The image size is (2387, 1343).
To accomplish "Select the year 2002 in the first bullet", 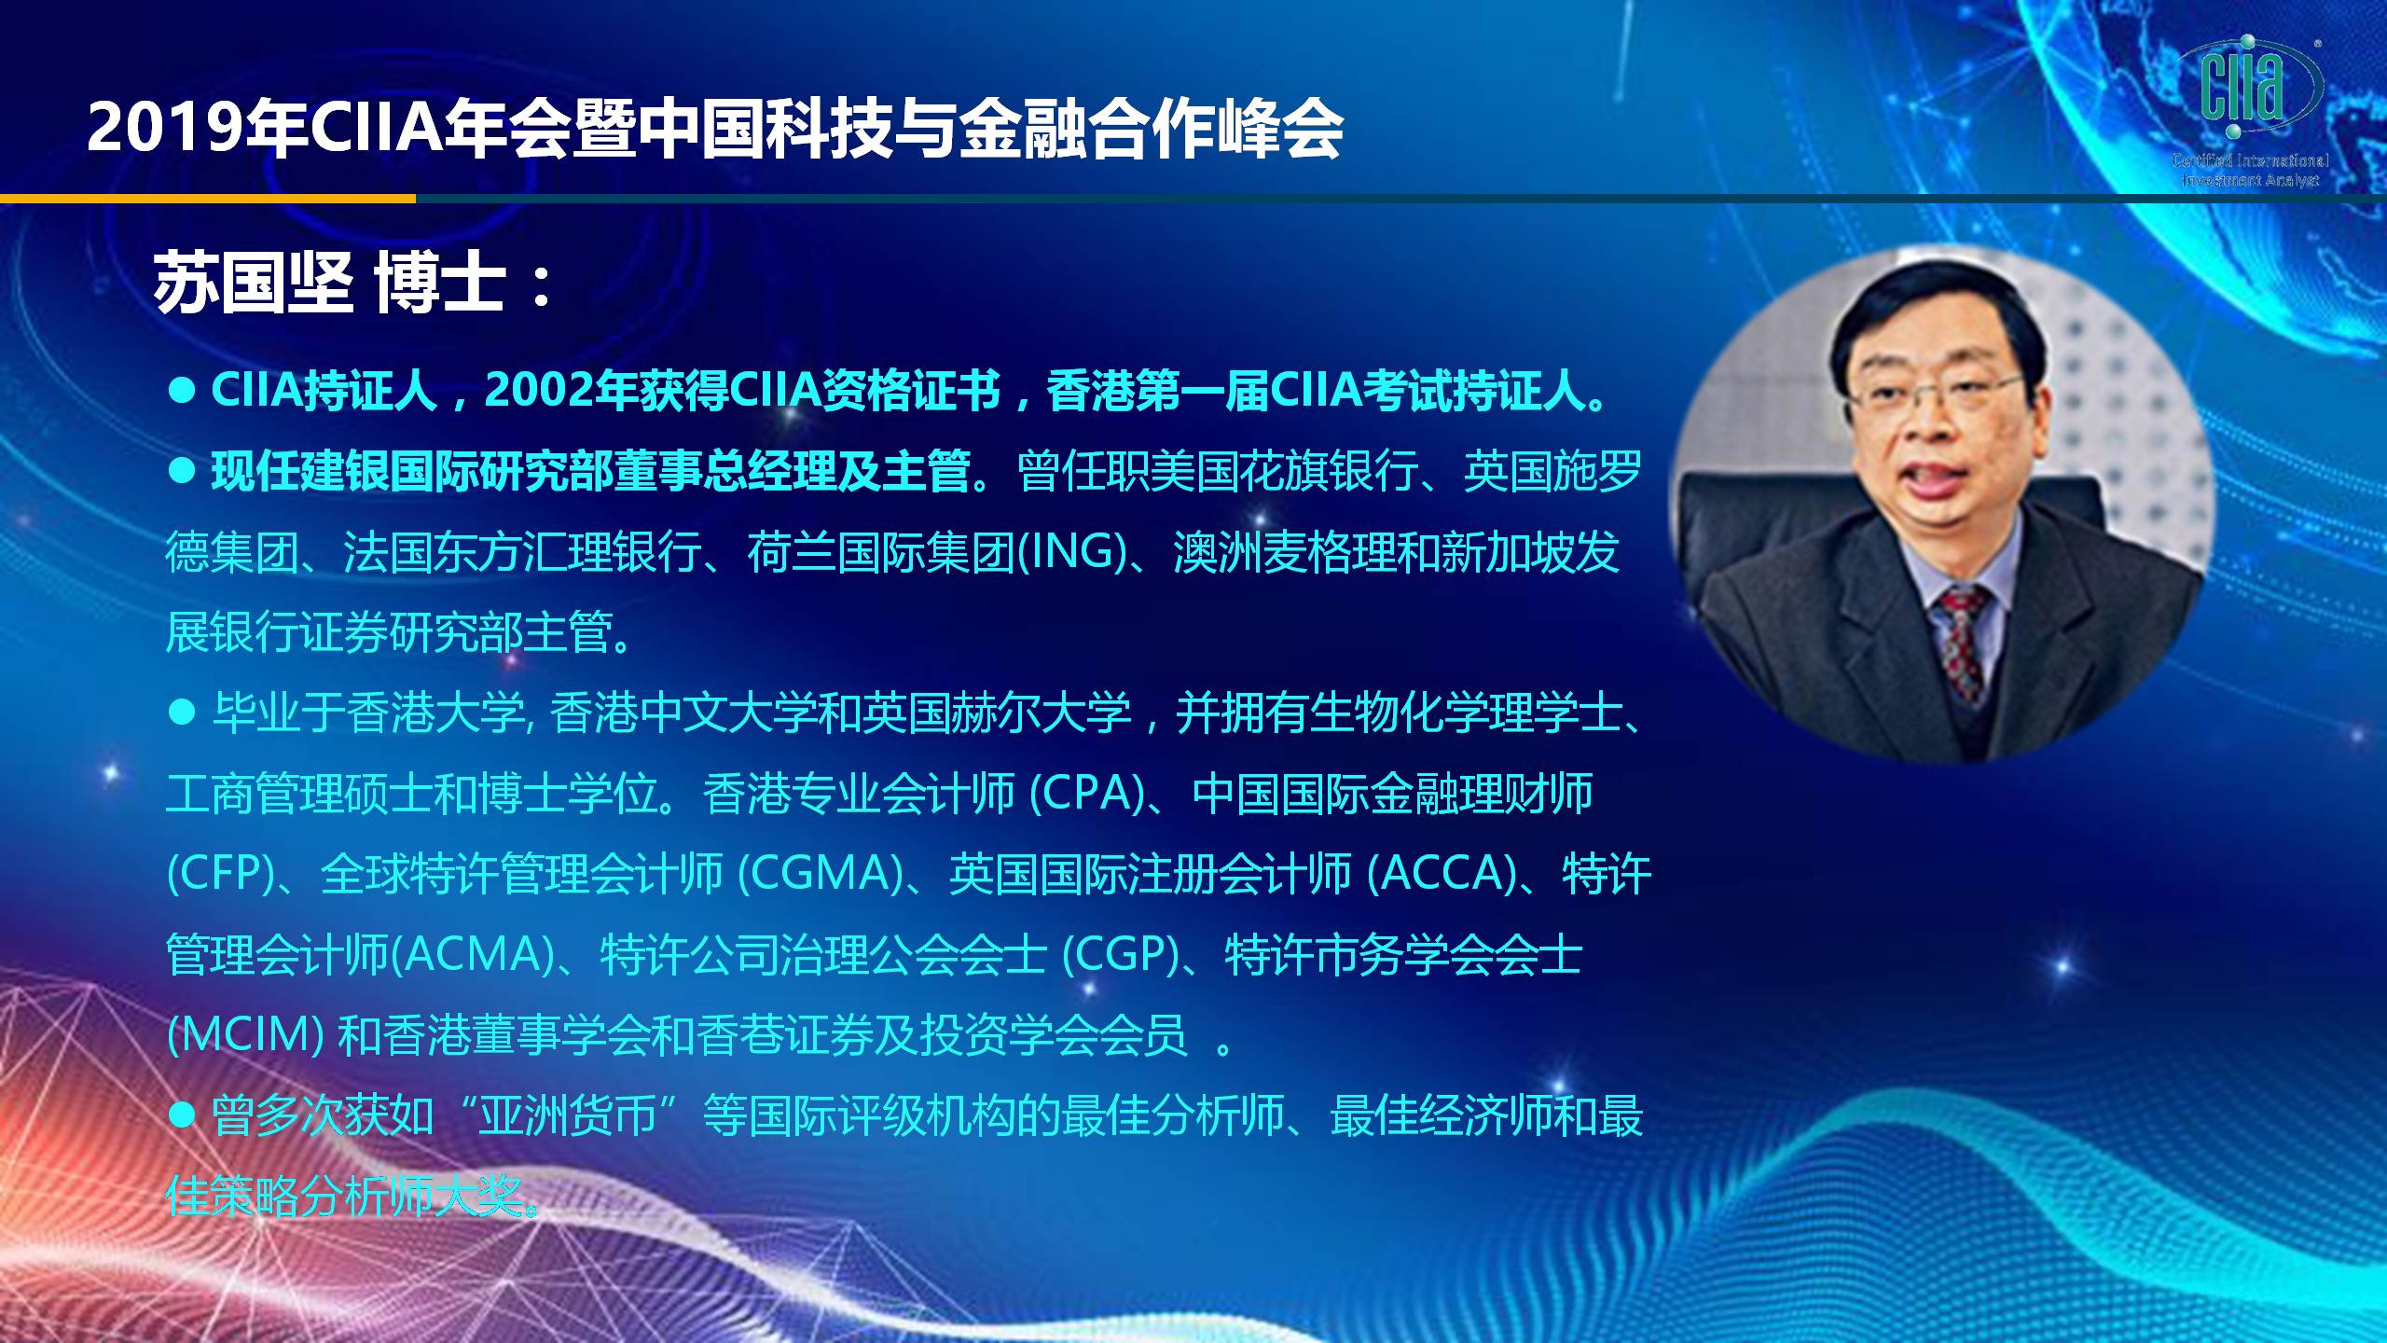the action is coord(540,391).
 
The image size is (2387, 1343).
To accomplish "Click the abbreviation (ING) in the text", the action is coord(1071,551).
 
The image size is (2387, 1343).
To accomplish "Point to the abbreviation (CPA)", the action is coord(1087,793).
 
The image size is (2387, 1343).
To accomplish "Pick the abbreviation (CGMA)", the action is coord(821,873).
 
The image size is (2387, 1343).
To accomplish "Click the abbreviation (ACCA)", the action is coord(1442,873).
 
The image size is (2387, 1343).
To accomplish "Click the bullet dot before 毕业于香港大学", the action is coord(181,713).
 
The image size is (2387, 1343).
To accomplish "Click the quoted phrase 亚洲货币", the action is coord(568,1115).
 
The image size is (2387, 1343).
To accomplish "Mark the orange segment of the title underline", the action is coord(208,198).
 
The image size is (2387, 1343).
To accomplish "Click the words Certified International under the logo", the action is coord(2249,160).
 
